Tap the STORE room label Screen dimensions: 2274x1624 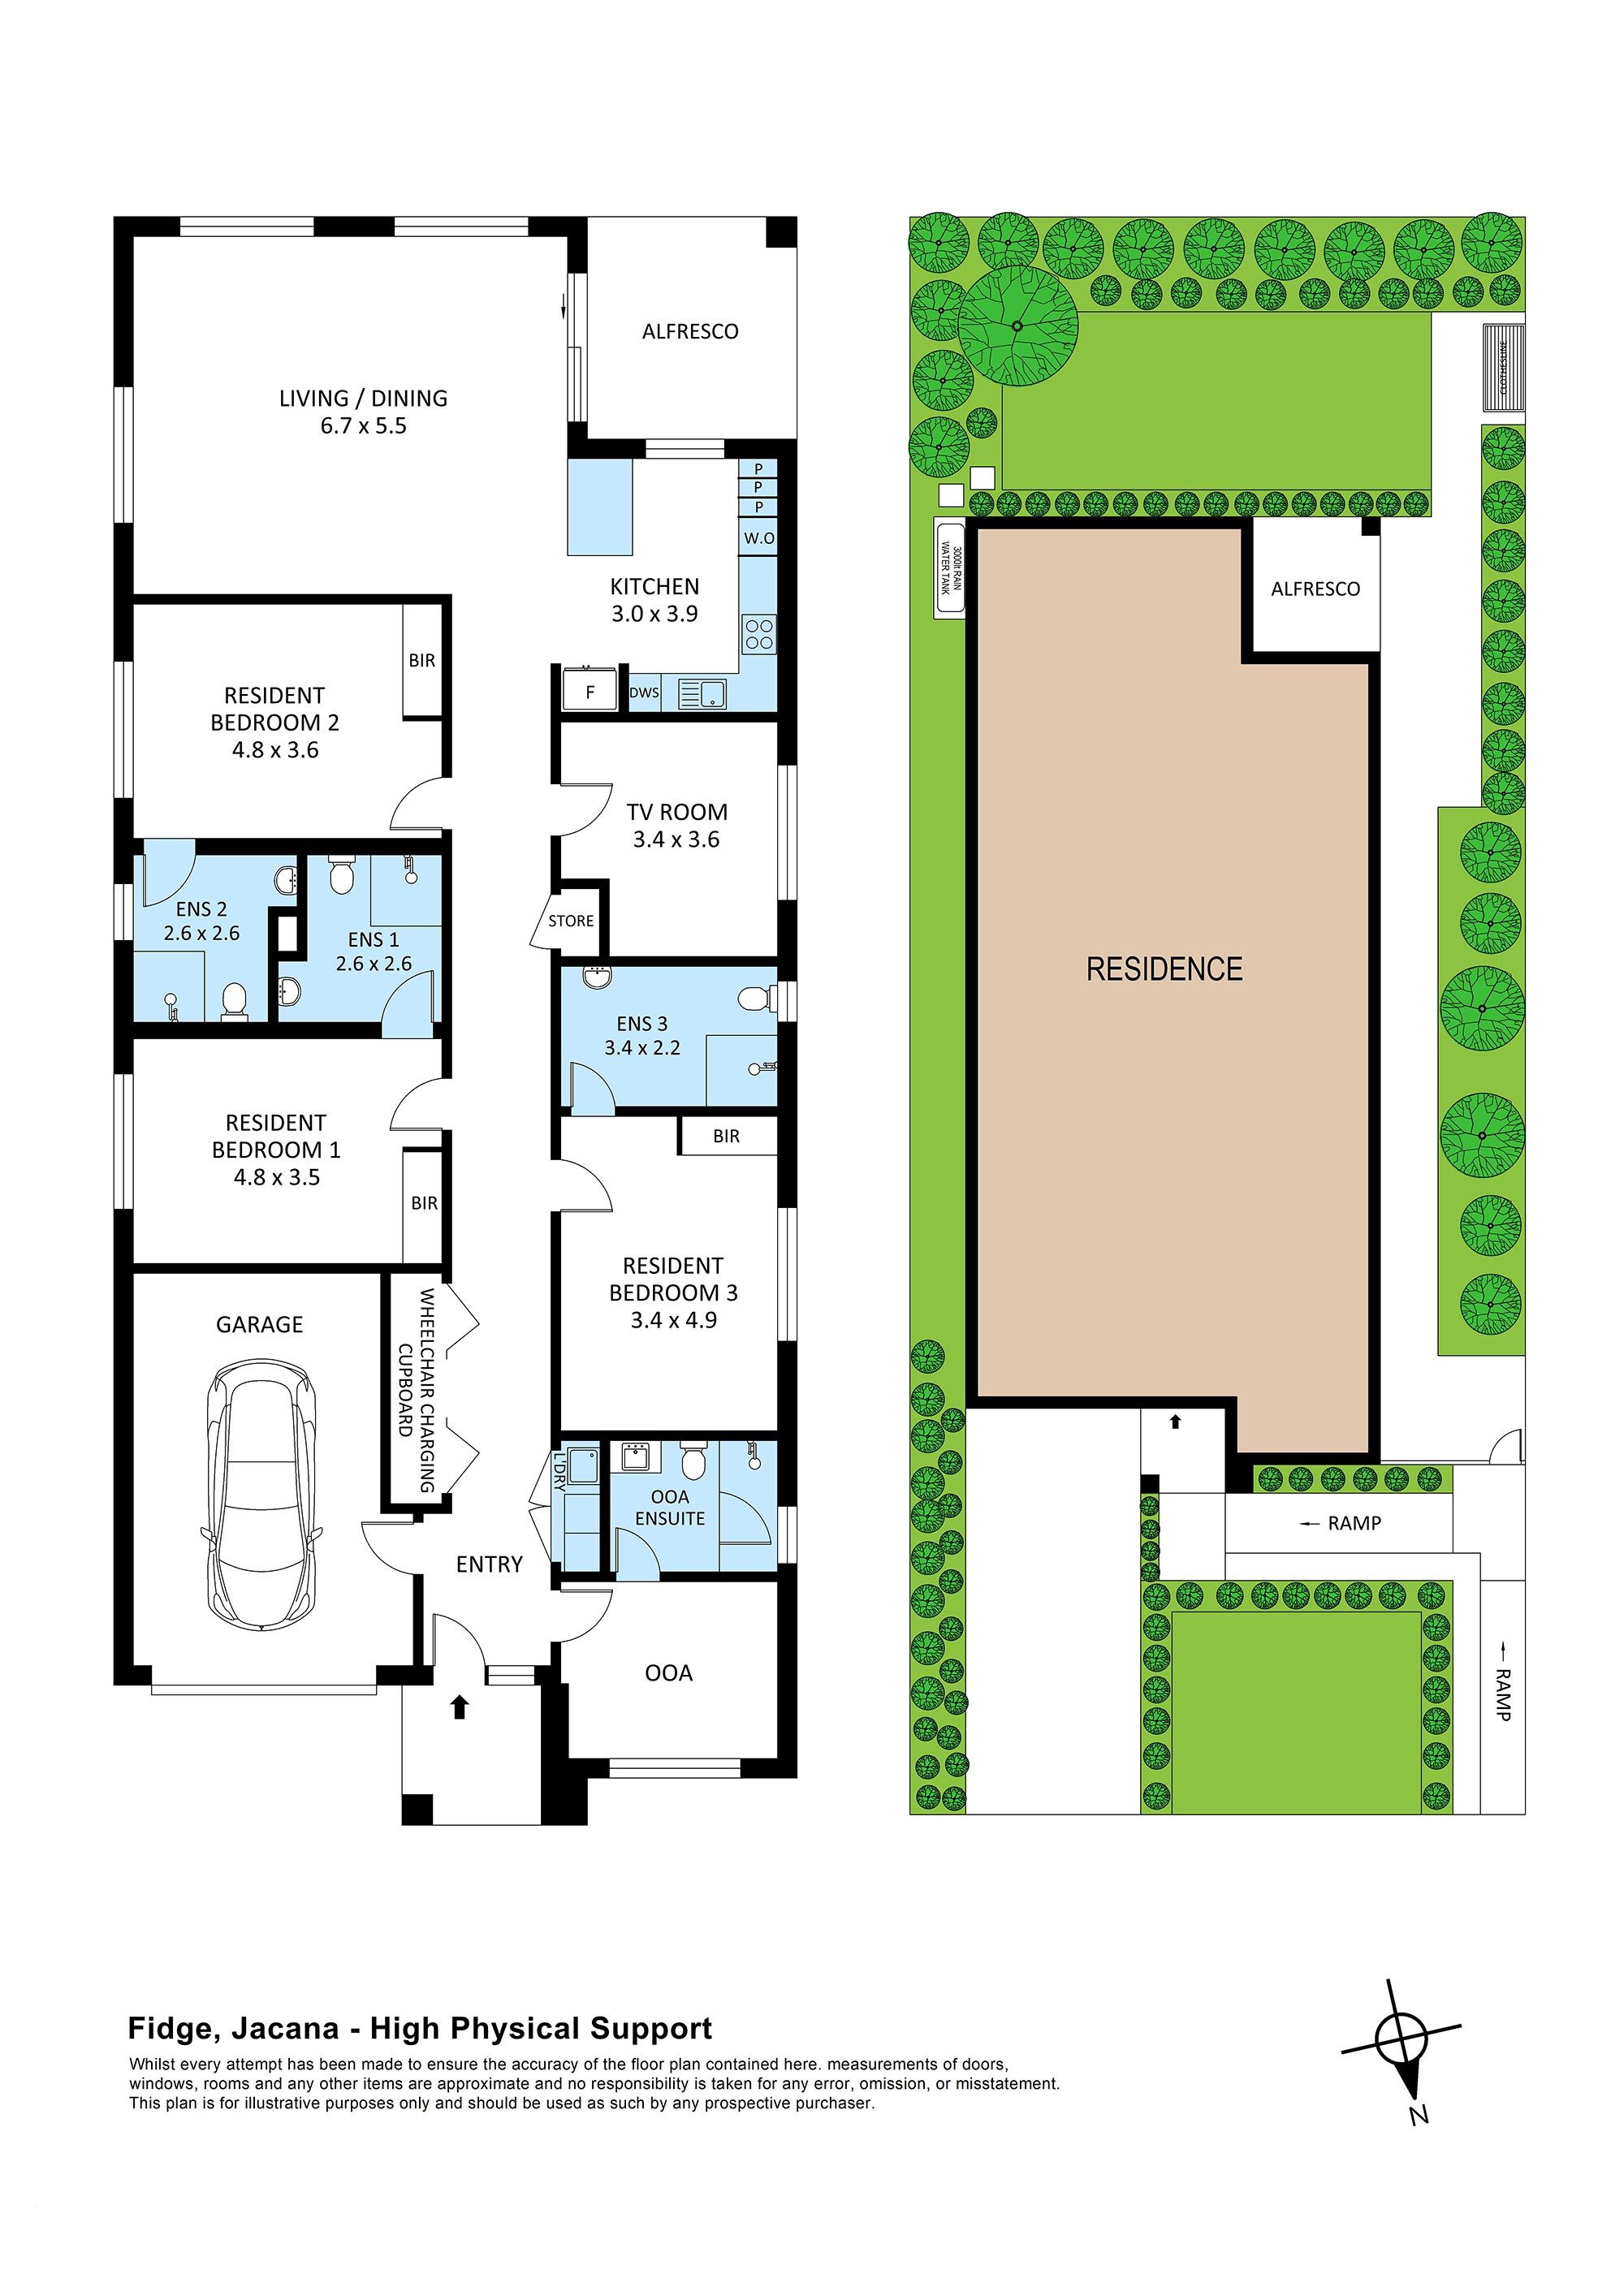point(571,921)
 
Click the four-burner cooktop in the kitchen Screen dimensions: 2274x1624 point(758,634)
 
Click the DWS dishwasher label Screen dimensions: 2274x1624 point(644,693)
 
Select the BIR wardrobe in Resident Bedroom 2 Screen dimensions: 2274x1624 point(422,660)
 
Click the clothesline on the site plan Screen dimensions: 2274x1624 point(1503,367)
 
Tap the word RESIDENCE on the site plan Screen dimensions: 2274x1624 point(1164,969)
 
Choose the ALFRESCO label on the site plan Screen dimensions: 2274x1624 point(1315,589)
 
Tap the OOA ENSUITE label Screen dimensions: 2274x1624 point(670,1508)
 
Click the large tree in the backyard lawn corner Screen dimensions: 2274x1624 point(1018,326)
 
